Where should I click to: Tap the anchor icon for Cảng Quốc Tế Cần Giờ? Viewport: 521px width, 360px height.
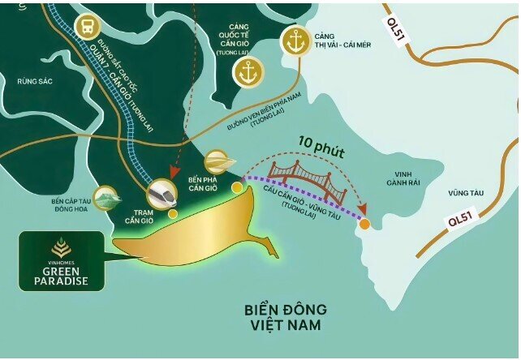248,72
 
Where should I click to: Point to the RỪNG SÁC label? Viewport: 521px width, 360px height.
33,80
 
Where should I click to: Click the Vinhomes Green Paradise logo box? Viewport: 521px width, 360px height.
60,261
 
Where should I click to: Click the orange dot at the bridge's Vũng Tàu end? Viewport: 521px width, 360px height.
365,223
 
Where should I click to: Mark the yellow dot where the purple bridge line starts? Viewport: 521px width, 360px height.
236,187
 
